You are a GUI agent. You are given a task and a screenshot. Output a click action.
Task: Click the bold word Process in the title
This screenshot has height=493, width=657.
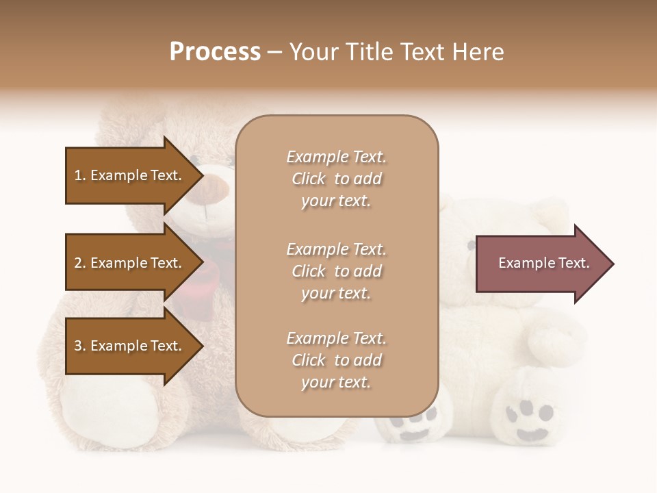point(215,52)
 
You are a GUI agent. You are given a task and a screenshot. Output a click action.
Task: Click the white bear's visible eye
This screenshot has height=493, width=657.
point(470,244)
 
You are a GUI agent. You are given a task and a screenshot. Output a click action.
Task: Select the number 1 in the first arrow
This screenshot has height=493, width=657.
point(78,176)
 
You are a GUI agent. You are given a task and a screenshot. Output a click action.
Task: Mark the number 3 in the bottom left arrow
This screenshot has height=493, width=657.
point(78,346)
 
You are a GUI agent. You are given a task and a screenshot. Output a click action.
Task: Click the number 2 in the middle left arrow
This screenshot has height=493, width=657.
point(78,264)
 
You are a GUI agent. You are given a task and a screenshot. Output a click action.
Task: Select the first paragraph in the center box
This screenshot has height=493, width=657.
point(336,179)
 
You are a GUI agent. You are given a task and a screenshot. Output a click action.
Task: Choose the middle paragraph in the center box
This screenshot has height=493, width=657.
point(336,271)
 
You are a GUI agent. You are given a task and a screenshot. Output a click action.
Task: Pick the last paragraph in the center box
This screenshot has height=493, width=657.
point(336,360)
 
